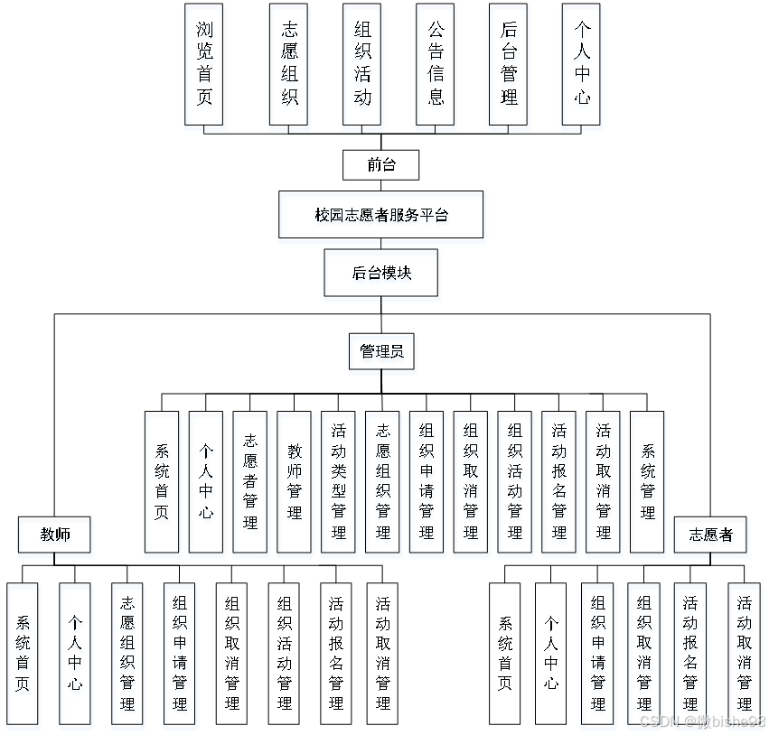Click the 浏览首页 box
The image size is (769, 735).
pyautogui.click(x=203, y=63)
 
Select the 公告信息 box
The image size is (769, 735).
pyautogui.click(x=436, y=63)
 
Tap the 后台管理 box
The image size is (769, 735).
pyautogui.click(x=508, y=63)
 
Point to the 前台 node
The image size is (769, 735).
pyautogui.click(x=380, y=164)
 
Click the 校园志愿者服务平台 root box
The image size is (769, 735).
pyautogui.click(x=380, y=215)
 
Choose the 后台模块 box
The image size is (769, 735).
pyautogui.click(x=380, y=273)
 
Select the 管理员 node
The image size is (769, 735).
pyautogui.click(x=380, y=351)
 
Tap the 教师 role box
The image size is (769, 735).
pyautogui.click(x=54, y=535)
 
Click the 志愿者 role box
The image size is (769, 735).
pyautogui.click(x=709, y=535)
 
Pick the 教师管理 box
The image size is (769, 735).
pyautogui.click(x=294, y=481)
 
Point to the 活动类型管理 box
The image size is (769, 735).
pyautogui.click(x=338, y=481)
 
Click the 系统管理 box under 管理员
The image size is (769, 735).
pyautogui.click(x=647, y=481)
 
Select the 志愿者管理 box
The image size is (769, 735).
pyautogui.click(x=249, y=481)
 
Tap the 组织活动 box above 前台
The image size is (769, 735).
pyautogui.click(x=361, y=63)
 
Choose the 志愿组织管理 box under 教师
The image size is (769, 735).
pyautogui.click(x=127, y=653)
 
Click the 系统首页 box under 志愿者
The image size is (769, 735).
pyautogui.click(x=505, y=653)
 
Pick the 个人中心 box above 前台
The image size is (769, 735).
pyautogui.click(x=582, y=63)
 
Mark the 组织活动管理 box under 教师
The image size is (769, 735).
pyautogui.click(x=285, y=653)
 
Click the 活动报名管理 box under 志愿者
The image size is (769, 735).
pyautogui.click(x=689, y=653)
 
